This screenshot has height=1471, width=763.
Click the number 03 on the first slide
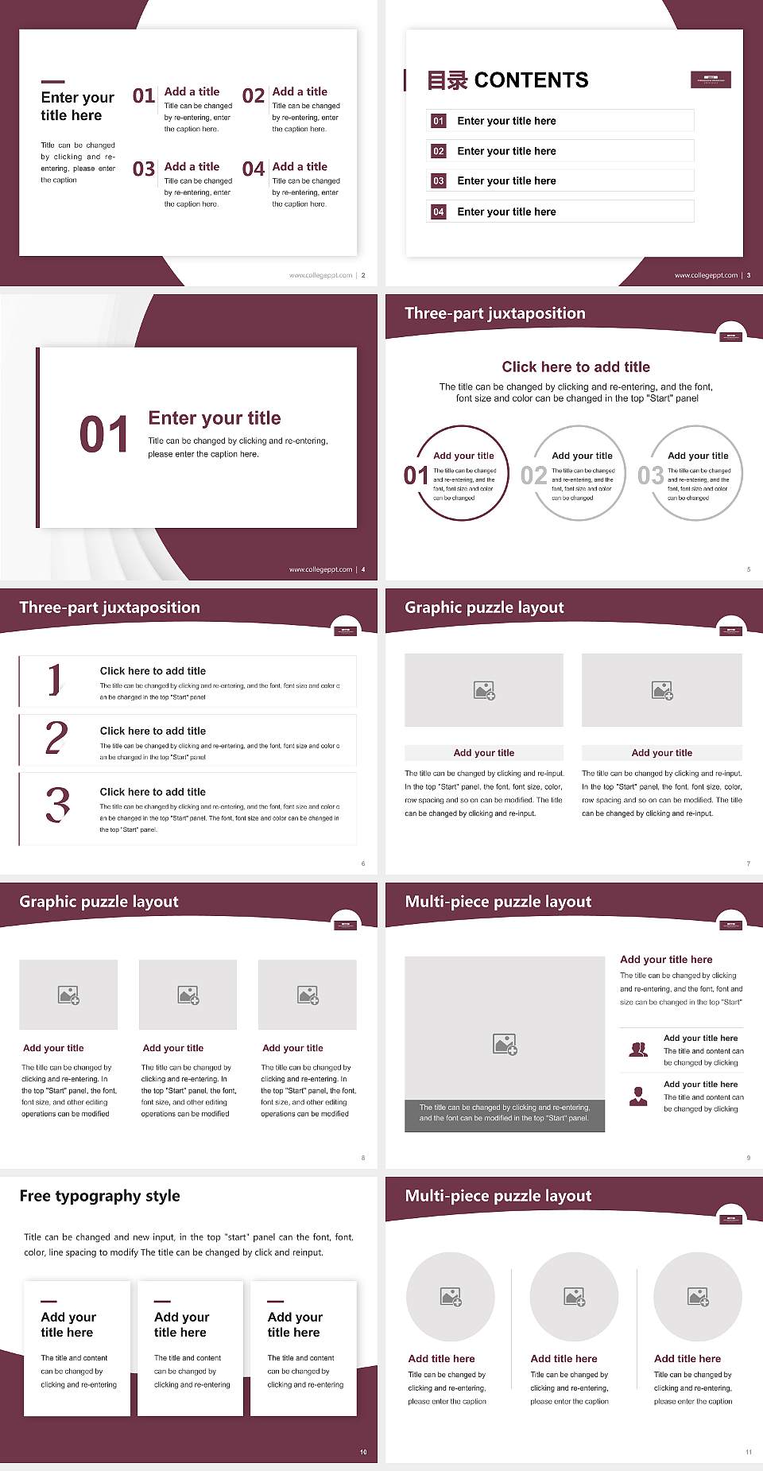coord(144,169)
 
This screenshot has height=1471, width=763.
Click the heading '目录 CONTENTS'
coord(508,80)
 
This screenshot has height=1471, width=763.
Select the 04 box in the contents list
coord(439,212)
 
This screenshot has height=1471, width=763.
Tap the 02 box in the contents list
coord(439,151)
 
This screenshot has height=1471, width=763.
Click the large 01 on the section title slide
coord(104,435)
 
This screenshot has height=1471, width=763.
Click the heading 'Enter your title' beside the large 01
coord(215,418)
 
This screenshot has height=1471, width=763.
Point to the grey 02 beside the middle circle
coord(533,475)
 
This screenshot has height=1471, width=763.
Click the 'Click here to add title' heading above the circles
coord(575,367)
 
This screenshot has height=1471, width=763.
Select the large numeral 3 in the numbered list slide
coord(57,805)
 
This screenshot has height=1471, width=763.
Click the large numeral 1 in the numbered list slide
coord(54,680)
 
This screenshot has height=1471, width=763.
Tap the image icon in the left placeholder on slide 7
coord(484,690)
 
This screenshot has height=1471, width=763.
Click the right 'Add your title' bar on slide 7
coord(661,753)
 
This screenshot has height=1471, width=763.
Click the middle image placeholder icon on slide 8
coord(188,995)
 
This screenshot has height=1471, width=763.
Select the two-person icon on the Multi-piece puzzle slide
coord(638,1050)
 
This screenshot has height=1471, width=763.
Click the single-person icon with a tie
coord(638,1096)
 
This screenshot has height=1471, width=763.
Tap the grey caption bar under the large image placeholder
coord(505,1113)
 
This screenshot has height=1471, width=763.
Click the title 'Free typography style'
coord(99,1196)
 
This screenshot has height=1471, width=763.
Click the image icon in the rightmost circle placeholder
coord(698,1297)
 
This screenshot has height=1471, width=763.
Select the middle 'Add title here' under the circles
coord(564,1359)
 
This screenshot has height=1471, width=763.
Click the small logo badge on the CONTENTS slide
coord(711,80)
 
